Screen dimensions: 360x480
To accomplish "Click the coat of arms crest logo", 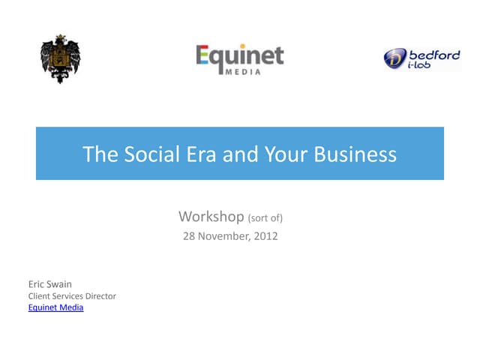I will [60, 58].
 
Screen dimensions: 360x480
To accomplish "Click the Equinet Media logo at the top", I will [240, 58].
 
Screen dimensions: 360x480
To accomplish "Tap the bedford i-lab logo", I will [421, 58].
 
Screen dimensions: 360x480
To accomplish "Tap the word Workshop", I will [211, 217].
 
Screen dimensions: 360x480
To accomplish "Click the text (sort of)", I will [265, 218].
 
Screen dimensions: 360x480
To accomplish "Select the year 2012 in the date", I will [265, 236].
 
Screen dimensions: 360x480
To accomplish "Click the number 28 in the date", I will [190, 236].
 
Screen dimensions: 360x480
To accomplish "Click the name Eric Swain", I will [49, 284].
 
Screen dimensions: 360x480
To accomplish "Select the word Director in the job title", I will [100, 296].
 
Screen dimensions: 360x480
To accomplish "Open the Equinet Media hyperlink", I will [55, 307].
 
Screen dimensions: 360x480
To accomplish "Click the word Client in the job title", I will [39, 296].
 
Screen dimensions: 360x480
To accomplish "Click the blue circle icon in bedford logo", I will [395, 58].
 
